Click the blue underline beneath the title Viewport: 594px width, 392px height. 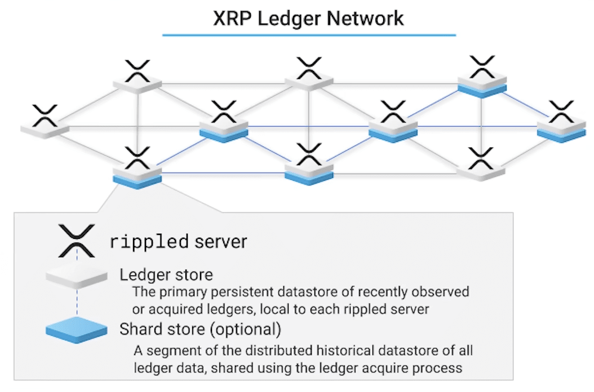pos(309,35)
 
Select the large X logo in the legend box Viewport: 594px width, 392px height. pos(77,241)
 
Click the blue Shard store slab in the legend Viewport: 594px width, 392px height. pos(77,330)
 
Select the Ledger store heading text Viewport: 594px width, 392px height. pos(166,275)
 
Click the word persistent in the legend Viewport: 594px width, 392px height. pos(242,292)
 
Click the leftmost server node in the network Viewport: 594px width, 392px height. pos(45,122)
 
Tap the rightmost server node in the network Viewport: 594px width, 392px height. pos(561,122)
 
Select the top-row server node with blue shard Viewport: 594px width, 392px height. pos(482,77)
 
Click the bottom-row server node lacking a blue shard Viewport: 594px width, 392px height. pos(481,164)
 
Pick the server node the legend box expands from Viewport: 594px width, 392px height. pos(137,168)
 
